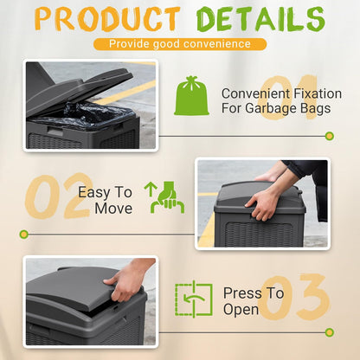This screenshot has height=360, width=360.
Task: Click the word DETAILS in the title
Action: tap(259, 19)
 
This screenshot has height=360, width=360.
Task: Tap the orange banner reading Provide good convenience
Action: tap(180, 43)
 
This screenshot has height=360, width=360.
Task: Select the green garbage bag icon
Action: tap(192, 95)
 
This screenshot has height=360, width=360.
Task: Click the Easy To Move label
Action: tap(106, 200)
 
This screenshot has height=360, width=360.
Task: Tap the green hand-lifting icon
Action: tap(167, 197)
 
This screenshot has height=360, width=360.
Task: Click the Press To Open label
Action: tap(253, 301)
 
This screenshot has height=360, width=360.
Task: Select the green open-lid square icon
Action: tap(194, 299)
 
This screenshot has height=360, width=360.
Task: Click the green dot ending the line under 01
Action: tap(329, 136)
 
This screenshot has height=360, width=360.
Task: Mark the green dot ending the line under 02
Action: tap(24, 234)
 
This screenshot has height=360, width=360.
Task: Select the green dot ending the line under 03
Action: tap(329, 331)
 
